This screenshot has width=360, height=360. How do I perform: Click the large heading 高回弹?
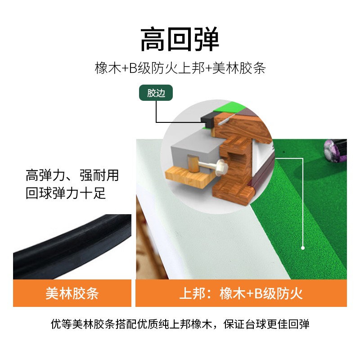[x=180, y=40]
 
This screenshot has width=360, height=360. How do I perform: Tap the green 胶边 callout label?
[x=156, y=93]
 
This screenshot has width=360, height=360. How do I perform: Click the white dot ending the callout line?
[x=303, y=247]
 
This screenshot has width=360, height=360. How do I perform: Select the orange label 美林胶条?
[x=72, y=293]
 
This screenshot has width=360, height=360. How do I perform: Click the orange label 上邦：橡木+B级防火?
[x=241, y=293]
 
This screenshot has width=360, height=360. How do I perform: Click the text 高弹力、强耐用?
[x=72, y=175]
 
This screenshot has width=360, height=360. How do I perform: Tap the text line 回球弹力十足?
[x=66, y=193]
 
